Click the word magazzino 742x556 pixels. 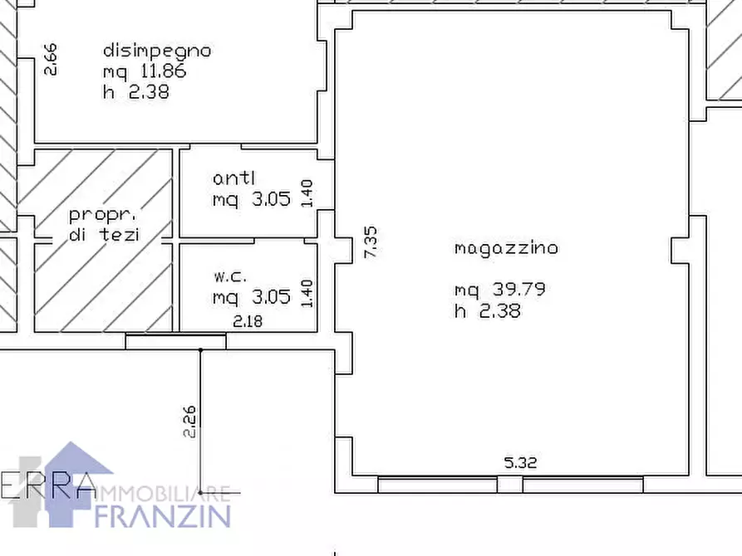[506, 247]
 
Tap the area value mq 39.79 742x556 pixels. [499, 290]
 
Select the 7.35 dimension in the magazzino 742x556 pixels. [371, 242]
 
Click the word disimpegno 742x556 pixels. [156, 51]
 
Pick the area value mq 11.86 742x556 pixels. [144, 71]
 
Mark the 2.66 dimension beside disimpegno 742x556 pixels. [51, 60]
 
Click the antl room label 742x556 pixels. [234, 178]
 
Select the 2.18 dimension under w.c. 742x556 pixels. [248, 320]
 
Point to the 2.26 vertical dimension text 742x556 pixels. [189, 421]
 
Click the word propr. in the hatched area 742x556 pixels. [106, 214]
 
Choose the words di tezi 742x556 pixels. [106, 235]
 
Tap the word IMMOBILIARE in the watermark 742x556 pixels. [159, 494]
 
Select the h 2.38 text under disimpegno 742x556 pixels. [135, 92]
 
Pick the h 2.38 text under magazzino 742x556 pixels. [487, 311]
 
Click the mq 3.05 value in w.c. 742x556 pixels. [251, 297]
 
